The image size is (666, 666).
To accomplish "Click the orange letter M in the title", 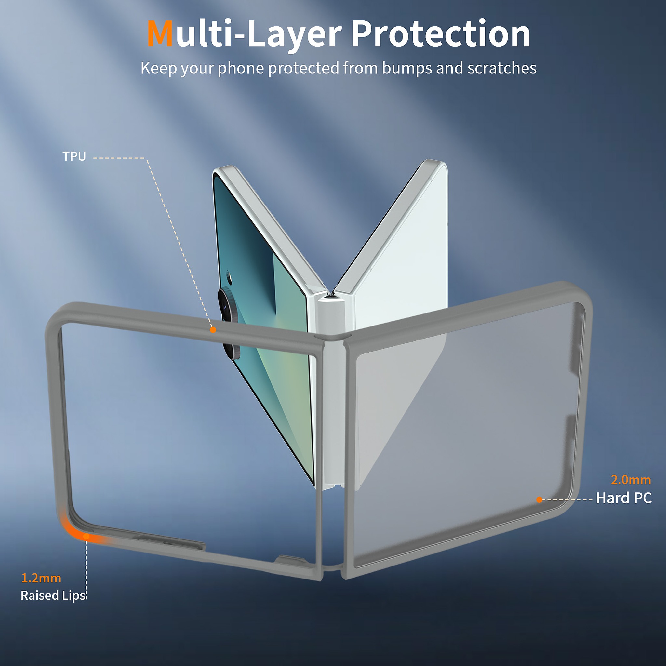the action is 160,33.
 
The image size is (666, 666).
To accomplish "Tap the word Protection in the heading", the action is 441,33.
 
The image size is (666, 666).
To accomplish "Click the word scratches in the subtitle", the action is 501,68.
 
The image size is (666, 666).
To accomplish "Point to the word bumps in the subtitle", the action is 407,69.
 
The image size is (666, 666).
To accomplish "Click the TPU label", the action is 74,156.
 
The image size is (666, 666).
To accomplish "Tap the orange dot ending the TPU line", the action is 213,330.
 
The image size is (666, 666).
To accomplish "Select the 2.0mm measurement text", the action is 631,480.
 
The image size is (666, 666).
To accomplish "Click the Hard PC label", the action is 624,498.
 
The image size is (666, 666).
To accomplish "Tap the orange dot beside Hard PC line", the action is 539,500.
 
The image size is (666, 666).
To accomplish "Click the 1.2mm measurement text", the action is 41,578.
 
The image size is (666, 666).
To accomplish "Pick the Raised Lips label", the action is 53,596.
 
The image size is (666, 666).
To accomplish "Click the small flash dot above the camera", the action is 229,275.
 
